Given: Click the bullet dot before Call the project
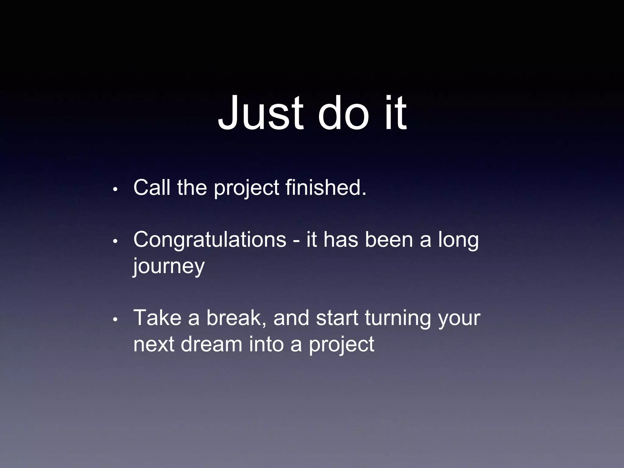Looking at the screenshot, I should (115, 189).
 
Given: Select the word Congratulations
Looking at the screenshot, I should (210, 240).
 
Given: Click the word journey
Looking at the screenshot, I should (169, 266).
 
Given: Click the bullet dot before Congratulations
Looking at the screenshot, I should (115, 241).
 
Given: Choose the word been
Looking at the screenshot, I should (389, 240).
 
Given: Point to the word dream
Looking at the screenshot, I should (211, 344).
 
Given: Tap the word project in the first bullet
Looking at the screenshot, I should (246, 188).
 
